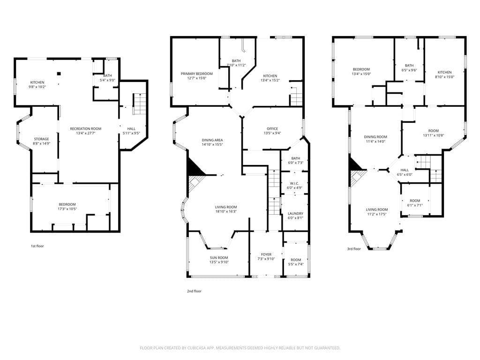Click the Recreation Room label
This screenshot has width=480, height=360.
(85, 128)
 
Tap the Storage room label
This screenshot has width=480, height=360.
(42, 139)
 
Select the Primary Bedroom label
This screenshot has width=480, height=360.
(197, 74)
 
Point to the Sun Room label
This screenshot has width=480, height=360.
(218, 257)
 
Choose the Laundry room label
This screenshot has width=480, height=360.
(295, 213)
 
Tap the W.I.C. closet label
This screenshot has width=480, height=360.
(295, 183)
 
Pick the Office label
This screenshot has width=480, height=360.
(272, 129)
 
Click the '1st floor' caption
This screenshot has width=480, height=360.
(37, 246)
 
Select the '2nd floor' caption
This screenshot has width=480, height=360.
(194, 291)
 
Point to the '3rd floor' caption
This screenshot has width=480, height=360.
(354, 249)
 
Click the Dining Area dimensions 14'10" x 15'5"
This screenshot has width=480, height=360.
(212, 145)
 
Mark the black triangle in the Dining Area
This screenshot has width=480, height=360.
(193, 167)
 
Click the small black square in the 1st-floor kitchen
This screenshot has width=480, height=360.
(59, 73)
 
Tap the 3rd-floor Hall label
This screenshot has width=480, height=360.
(405, 170)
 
